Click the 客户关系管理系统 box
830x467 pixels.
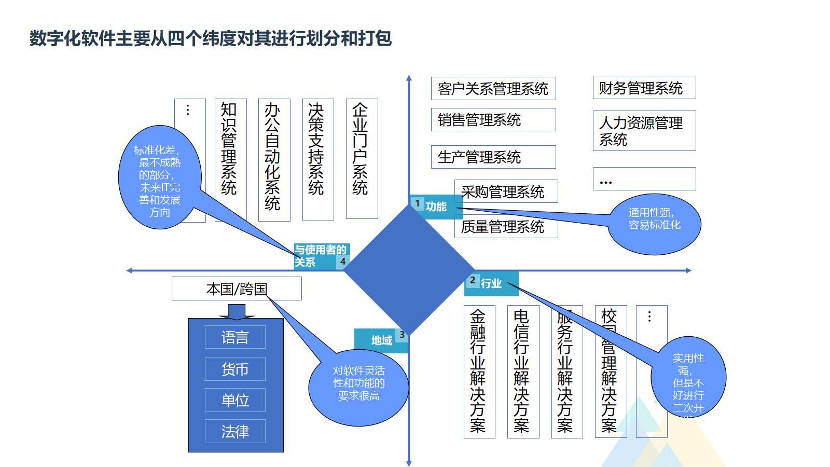click(493, 89)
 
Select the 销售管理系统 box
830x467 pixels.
click(493, 120)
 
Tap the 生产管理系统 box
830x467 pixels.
click(493, 157)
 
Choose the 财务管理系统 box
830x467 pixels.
click(644, 88)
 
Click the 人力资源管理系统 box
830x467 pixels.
click(644, 131)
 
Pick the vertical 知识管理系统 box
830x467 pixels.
click(230, 156)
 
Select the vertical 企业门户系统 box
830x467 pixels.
click(362, 156)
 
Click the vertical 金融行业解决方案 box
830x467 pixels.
click(479, 372)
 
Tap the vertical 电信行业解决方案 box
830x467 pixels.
click(522, 372)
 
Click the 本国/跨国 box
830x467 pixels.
click(236, 289)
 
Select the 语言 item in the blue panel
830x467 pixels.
click(235, 337)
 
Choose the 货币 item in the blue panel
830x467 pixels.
click(235, 369)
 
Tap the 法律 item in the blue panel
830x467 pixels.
click(235, 431)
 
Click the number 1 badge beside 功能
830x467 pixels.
click(417, 203)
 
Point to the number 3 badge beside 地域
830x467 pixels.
click(402, 335)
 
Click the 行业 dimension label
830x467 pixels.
click(491, 283)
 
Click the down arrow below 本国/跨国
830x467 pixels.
click(237, 311)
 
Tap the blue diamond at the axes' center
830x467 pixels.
click(409, 270)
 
